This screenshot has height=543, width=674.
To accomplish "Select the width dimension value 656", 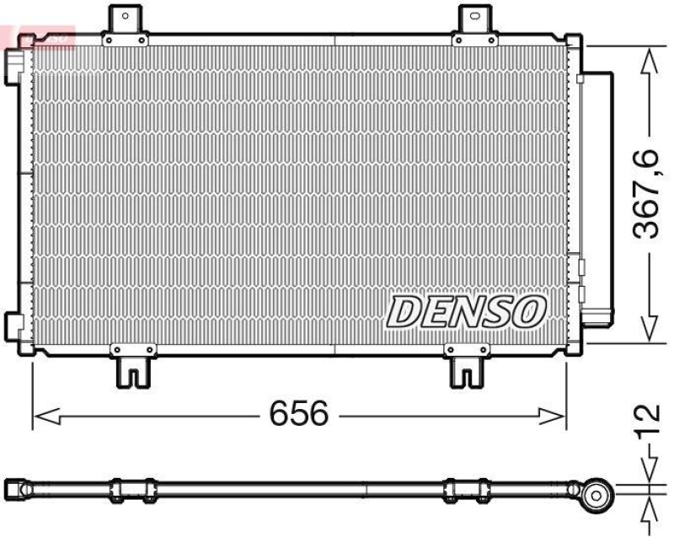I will (297, 413).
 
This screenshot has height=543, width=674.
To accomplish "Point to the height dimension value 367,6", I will (646, 195).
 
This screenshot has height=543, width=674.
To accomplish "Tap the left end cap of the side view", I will (15, 488).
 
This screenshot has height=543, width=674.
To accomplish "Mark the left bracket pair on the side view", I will (133, 488).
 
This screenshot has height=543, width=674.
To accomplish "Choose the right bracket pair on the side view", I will (466, 488).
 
